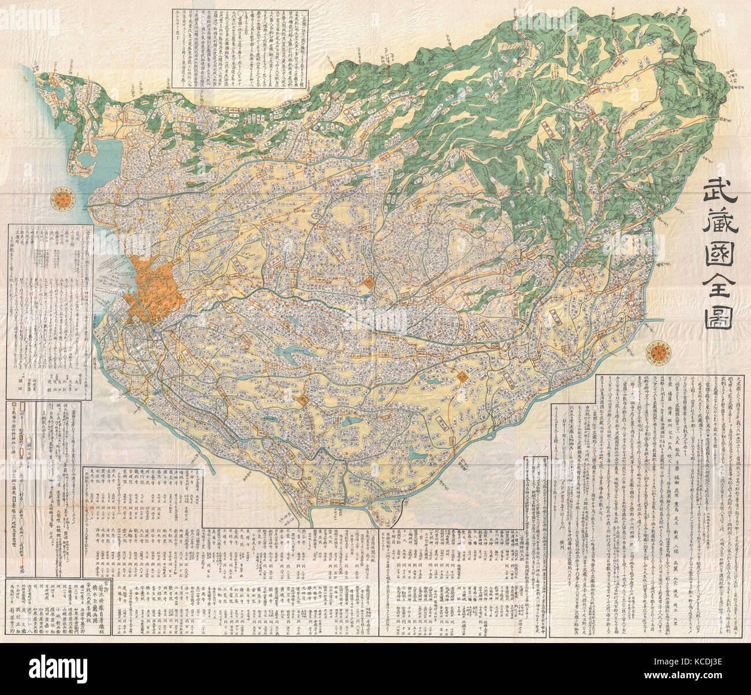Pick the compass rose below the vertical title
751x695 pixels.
point(658,352)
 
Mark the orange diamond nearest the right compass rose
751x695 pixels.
point(462,377)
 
